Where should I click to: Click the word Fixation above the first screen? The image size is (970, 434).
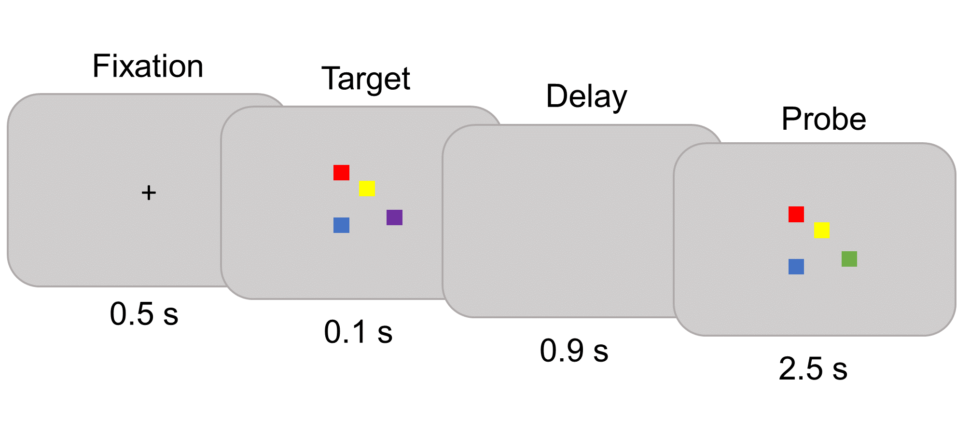pyautogui.click(x=148, y=66)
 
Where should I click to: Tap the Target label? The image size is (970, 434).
pyautogui.click(x=366, y=79)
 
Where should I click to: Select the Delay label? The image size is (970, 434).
pyautogui.click(x=586, y=96)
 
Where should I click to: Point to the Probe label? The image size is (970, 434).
pyautogui.click(x=823, y=119)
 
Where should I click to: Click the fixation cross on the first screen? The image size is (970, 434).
pyautogui.click(x=149, y=193)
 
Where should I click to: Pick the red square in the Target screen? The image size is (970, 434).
pyautogui.click(x=341, y=173)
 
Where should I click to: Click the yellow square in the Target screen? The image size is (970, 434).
pyautogui.click(x=367, y=189)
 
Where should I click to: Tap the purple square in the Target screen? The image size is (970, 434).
pyautogui.click(x=394, y=217)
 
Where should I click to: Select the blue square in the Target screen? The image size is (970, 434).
pyautogui.click(x=341, y=225)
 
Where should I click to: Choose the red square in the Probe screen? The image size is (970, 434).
pyautogui.click(x=796, y=214)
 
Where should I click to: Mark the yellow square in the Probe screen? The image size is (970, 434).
pyautogui.click(x=822, y=230)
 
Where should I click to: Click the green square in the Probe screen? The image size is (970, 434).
pyautogui.click(x=849, y=259)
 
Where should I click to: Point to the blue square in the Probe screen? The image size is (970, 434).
pyautogui.click(x=796, y=267)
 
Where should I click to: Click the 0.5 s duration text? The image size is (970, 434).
pyautogui.click(x=144, y=314)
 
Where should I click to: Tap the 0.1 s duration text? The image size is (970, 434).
pyautogui.click(x=358, y=332)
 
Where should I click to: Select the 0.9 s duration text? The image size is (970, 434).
pyautogui.click(x=574, y=351)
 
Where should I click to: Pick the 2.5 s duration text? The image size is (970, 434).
pyautogui.click(x=813, y=369)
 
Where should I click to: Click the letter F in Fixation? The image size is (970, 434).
pyautogui.click(x=100, y=66)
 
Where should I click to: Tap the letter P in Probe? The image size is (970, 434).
pyautogui.click(x=790, y=119)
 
